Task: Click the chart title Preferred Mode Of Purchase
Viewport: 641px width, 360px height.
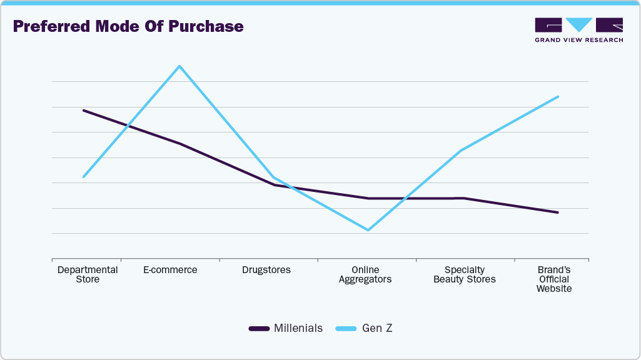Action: tap(128, 27)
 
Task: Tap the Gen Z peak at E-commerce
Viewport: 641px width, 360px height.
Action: tap(179, 66)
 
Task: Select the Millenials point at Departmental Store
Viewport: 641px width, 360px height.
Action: tap(83, 111)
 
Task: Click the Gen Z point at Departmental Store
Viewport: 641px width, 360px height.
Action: tap(83, 177)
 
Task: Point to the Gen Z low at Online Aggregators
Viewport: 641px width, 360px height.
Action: tap(368, 230)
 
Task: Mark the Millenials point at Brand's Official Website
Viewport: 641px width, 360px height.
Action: tap(558, 212)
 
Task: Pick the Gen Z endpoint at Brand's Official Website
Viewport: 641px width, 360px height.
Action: tap(558, 97)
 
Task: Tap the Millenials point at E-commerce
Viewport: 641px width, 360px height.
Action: tap(179, 144)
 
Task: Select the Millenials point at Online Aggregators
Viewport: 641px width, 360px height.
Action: tap(368, 199)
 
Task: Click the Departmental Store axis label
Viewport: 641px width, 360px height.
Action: tap(88, 274)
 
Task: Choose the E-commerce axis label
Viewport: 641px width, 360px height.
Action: tap(170, 270)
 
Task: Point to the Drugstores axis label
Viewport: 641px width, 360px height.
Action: tap(266, 270)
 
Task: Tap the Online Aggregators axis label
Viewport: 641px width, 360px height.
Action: tap(365, 274)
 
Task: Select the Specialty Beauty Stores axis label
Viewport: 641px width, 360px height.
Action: tap(465, 274)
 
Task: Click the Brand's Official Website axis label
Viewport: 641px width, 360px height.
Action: tap(554, 279)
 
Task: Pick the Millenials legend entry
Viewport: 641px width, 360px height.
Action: tap(286, 328)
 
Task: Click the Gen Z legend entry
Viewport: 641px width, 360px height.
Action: tap(365, 328)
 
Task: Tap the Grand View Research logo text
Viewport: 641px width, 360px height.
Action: tap(578, 40)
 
